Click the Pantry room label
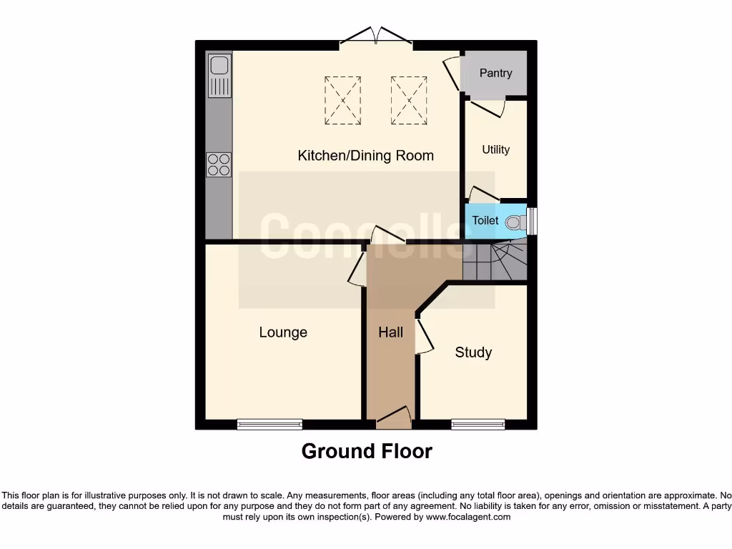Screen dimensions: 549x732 click(x=495, y=73)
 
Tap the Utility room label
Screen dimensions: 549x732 click(x=495, y=149)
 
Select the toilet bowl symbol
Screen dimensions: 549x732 click(x=514, y=222)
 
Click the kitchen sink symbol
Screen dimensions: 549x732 click(x=219, y=75)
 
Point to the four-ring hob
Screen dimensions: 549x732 click(x=219, y=165)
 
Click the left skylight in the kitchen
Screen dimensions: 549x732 click(x=343, y=101)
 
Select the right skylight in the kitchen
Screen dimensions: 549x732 click(x=409, y=101)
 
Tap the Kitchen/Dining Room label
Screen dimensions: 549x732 click(x=365, y=155)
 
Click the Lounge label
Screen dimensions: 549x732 click(x=283, y=332)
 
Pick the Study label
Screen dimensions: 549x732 click(x=473, y=352)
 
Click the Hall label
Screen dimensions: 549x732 click(x=390, y=332)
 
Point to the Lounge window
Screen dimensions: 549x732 click(x=269, y=425)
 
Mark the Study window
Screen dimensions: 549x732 click(x=478, y=425)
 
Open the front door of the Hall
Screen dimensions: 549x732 click(x=394, y=420)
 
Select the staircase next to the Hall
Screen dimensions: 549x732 click(x=495, y=262)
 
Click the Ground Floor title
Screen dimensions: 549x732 click(x=367, y=452)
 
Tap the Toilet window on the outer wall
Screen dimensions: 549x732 click(x=532, y=220)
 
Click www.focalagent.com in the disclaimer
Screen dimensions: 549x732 click(x=468, y=517)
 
